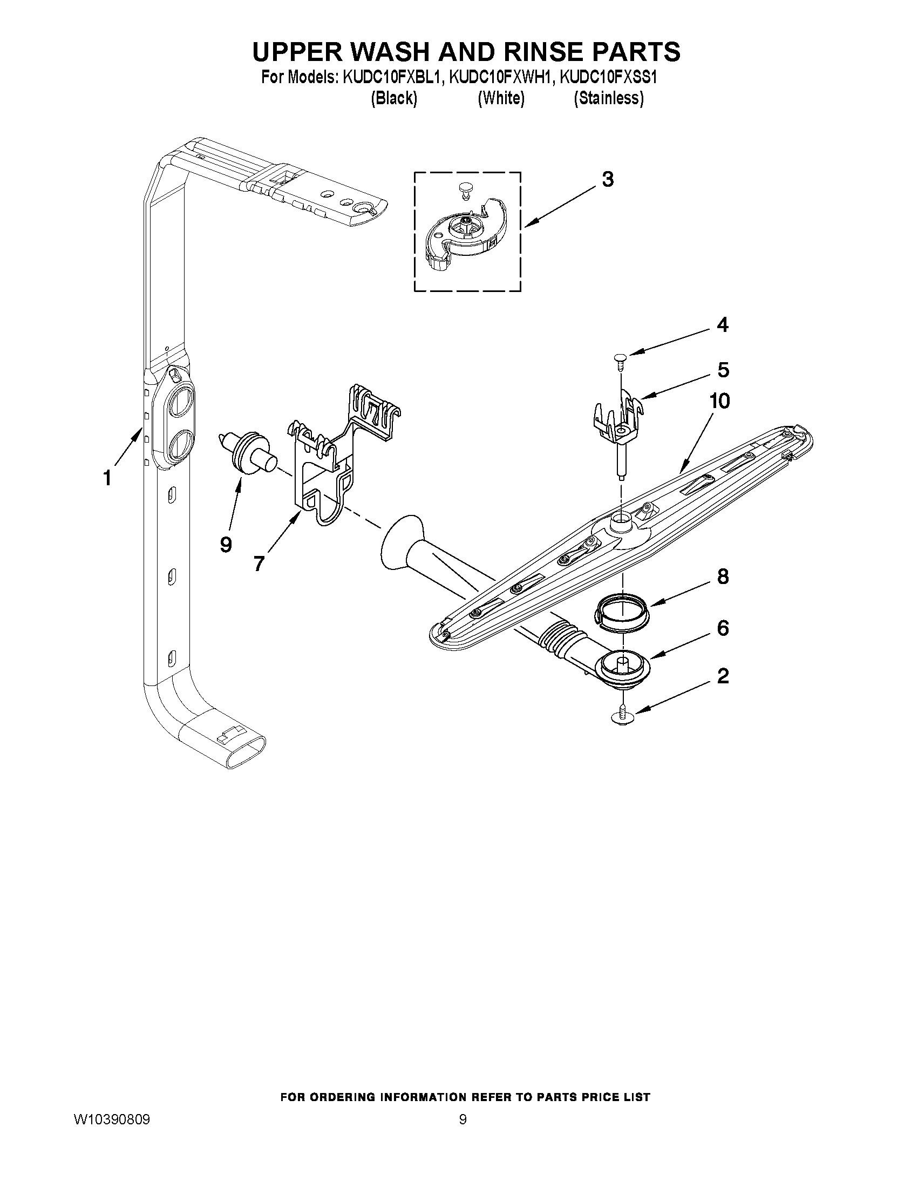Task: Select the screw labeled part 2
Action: [622, 715]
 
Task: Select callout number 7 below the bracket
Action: [259, 563]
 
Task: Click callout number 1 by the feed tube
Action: [107, 478]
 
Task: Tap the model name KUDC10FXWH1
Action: [500, 78]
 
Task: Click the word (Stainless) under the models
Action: [609, 98]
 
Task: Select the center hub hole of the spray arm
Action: [621, 523]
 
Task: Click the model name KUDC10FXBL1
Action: [391, 78]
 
